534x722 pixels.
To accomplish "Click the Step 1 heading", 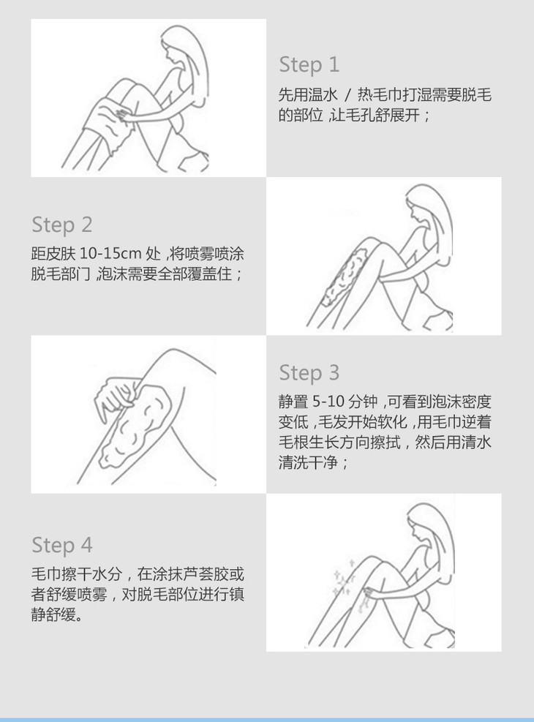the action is (309, 65).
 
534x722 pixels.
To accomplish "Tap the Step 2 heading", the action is (62, 225).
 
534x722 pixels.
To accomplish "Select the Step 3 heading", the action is (309, 373).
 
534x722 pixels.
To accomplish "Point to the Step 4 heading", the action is (62, 545).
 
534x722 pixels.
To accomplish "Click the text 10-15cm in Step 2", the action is (110, 254).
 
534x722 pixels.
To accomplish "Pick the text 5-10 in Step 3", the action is (328, 402).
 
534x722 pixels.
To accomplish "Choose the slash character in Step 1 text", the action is (348, 95).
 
